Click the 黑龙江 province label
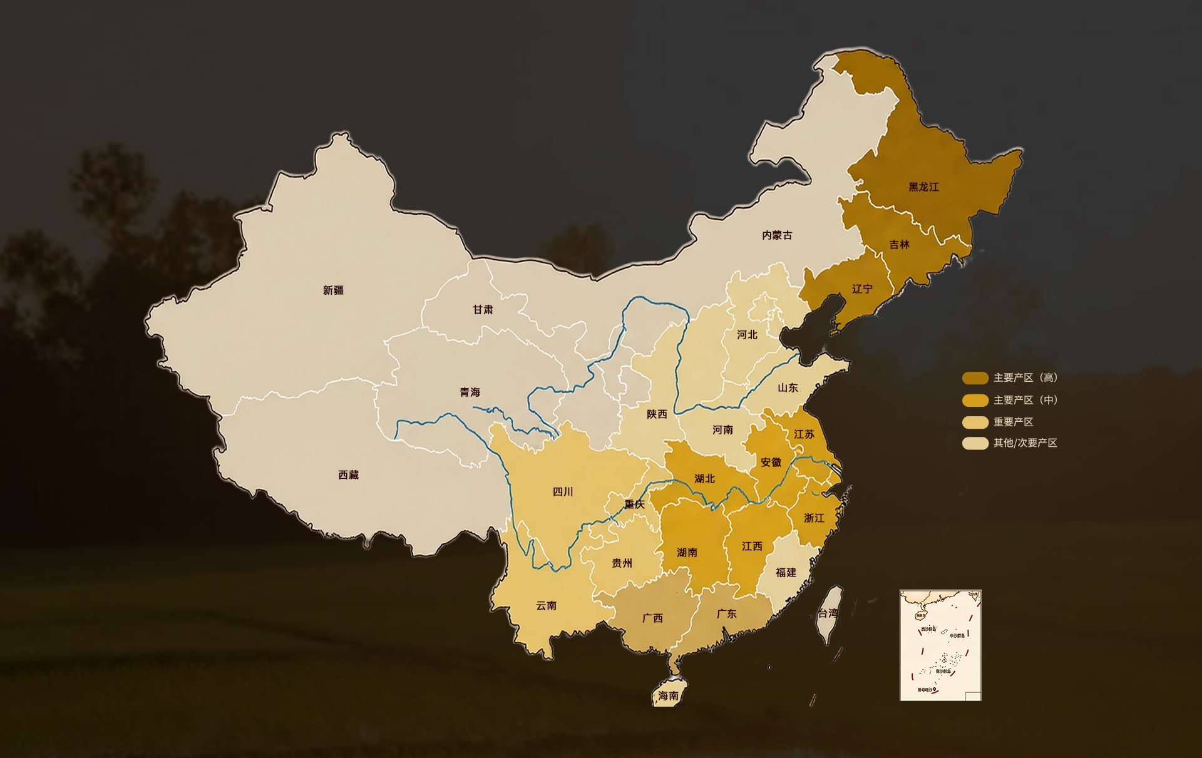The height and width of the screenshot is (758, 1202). click(x=923, y=187)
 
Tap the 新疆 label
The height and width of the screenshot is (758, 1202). click(x=333, y=290)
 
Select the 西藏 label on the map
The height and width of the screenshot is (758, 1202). click(x=348, y=475)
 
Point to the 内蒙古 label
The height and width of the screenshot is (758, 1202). click(x=777, y=235)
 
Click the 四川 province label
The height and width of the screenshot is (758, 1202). click(x=563, y=492)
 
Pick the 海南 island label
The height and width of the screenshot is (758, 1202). click(x=668, y=696)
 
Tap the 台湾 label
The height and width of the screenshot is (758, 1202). click(x=828, y=613)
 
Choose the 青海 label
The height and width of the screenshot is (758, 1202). click(x=470, y=392)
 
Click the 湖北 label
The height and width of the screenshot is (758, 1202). click(x=704, y=479)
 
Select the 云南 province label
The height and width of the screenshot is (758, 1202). click(x=546, y=606)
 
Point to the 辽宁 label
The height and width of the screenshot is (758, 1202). click(x=862, y=289)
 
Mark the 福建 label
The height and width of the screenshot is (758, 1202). click(x=786, y=573)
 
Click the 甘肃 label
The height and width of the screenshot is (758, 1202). click(x=483, y=310)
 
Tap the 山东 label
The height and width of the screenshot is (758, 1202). click(x=788, y=388)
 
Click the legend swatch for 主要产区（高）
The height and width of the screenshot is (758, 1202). click(x=975, y=378)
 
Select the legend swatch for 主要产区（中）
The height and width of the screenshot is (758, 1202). click(x=975, y=401)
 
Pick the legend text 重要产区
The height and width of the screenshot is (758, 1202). click(x=1013, y=423)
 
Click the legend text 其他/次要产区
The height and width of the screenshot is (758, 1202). click(x=1025, y=443)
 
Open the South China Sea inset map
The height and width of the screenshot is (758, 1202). click(x=940, y=645)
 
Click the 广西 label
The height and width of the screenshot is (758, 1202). click(x=652, y=618)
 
